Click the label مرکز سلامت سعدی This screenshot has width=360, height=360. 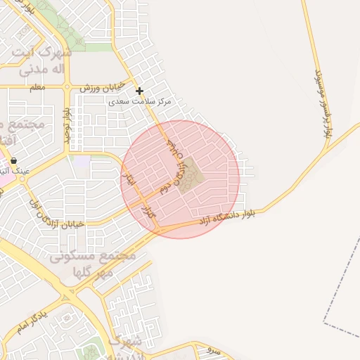141,102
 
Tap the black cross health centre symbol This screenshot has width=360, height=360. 140,91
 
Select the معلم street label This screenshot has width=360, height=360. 38,87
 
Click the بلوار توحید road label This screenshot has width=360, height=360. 67,125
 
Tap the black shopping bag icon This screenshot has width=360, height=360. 13,160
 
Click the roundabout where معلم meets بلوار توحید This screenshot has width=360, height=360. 67,87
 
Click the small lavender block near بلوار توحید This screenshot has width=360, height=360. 82,162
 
